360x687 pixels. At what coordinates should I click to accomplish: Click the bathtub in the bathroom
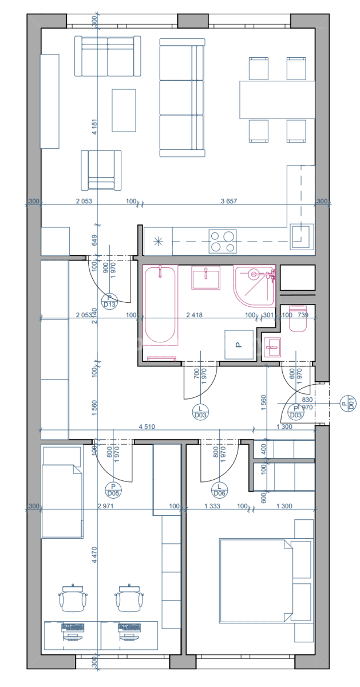point(160,309)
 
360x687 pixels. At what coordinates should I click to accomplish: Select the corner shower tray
point(254,286)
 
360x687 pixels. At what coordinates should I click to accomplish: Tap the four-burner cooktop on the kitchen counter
point(223,241)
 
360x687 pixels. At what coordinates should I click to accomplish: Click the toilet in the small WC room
point(298,323)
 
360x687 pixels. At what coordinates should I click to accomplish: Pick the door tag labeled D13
point(109,301)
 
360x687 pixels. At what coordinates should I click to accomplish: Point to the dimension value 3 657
point(229,201)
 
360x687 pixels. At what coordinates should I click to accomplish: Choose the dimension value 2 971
point(107,506)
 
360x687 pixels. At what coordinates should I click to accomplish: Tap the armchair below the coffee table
point(101,169)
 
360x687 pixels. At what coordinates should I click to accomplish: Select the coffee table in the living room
point(124,110)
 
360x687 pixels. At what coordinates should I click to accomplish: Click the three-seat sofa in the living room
point(181,97)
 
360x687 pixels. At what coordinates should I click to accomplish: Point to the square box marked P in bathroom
point(239,344)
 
